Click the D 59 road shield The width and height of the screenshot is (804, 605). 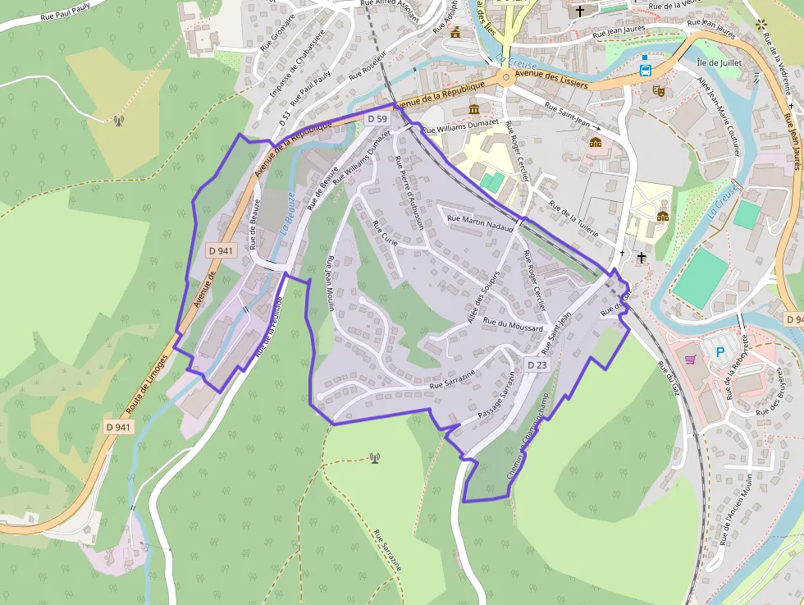(377, 119)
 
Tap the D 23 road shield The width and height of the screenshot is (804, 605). (537, 364)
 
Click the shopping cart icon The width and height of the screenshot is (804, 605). (691, 359)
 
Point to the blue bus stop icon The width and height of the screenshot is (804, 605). (646, 70)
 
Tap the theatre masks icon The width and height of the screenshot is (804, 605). (657, 92)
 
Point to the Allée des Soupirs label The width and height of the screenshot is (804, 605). (483, 299)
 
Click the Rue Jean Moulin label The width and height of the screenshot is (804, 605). (331, 284)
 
